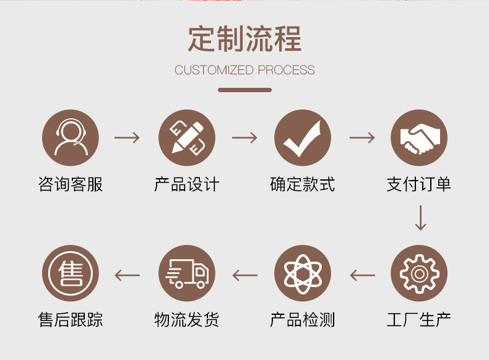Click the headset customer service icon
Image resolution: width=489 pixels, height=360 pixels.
click(x=70, y=137)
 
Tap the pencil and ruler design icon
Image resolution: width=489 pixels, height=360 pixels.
click(x=186, y=137)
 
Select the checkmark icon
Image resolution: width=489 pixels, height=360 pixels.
click(x=303, y=137)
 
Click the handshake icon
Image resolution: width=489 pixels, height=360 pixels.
click(x=419, y=137)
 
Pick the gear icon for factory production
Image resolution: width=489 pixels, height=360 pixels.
click(x=419, y=273)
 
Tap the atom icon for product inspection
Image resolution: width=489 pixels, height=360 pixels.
click(x=303, y=273)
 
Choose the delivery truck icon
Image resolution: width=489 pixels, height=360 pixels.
click(x=186, y=273)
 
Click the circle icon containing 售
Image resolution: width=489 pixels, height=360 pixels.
click(x=70, y=273)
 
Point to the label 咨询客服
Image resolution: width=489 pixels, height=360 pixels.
click(x=70, y=184)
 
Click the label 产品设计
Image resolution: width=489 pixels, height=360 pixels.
click(x=186, y=184)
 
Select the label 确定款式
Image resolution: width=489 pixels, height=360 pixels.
click(x=303, y=184)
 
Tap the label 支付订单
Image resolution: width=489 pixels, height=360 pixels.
click(x=419, y=184)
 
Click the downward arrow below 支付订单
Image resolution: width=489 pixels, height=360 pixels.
click(x=420, y=218)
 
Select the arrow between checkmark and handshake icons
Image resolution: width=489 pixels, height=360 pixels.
click(x=362, y=137)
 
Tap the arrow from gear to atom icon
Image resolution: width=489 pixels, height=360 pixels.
click(x=362, y=274)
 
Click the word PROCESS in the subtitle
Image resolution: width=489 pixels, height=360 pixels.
click(x=286, y=70)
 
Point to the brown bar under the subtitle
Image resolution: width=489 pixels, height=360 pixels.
click(x=244, y=90)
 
